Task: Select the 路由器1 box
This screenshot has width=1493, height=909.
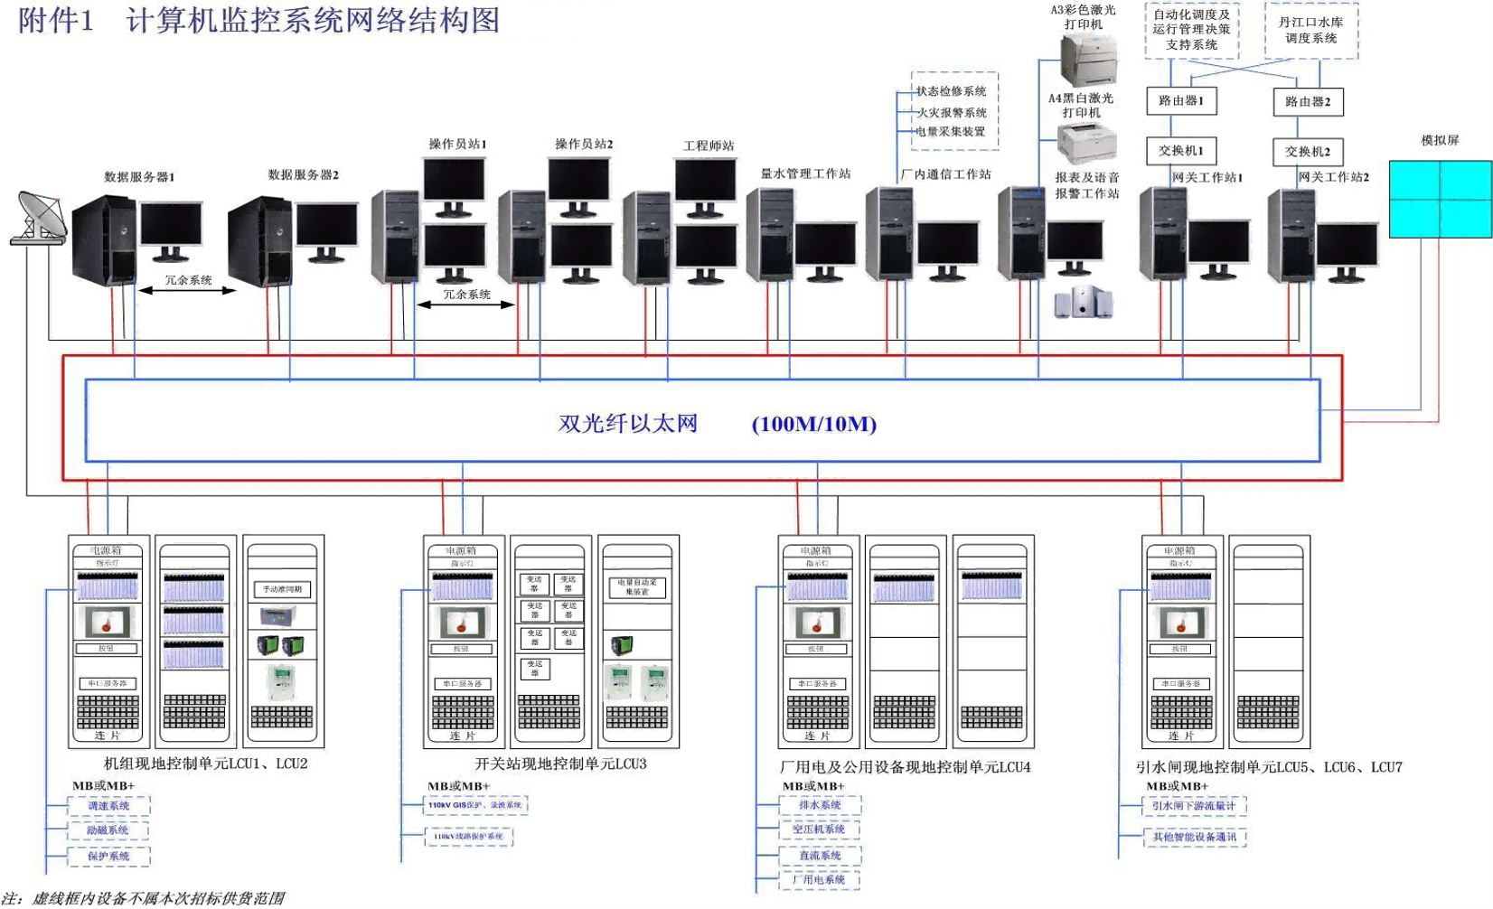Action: (1181, 101)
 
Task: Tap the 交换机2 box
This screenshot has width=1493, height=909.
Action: (1308, 152)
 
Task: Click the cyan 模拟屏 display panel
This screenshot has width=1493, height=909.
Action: (1440, 199)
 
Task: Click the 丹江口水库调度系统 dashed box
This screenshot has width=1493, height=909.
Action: (1310, 31)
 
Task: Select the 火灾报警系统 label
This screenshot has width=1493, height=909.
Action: (952, 113)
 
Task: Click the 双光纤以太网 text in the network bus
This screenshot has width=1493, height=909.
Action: (628, 424)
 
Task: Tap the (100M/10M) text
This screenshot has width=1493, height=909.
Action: (814, 425)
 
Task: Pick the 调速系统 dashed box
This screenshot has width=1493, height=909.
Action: (109, 805)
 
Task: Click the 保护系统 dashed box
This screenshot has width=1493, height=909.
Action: (109, 856)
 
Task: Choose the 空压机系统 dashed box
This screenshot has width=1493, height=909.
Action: (820, 829)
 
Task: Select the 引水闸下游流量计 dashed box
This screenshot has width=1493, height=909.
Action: (1194, 805)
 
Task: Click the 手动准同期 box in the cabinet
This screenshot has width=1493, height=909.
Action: (282, 589)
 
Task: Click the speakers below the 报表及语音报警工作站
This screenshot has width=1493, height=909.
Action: (1084, 303)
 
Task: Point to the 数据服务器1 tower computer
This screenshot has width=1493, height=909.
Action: (104, 239)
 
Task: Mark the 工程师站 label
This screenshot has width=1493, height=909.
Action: (709, 145)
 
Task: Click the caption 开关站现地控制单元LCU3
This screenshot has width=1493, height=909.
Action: (560, 764)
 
